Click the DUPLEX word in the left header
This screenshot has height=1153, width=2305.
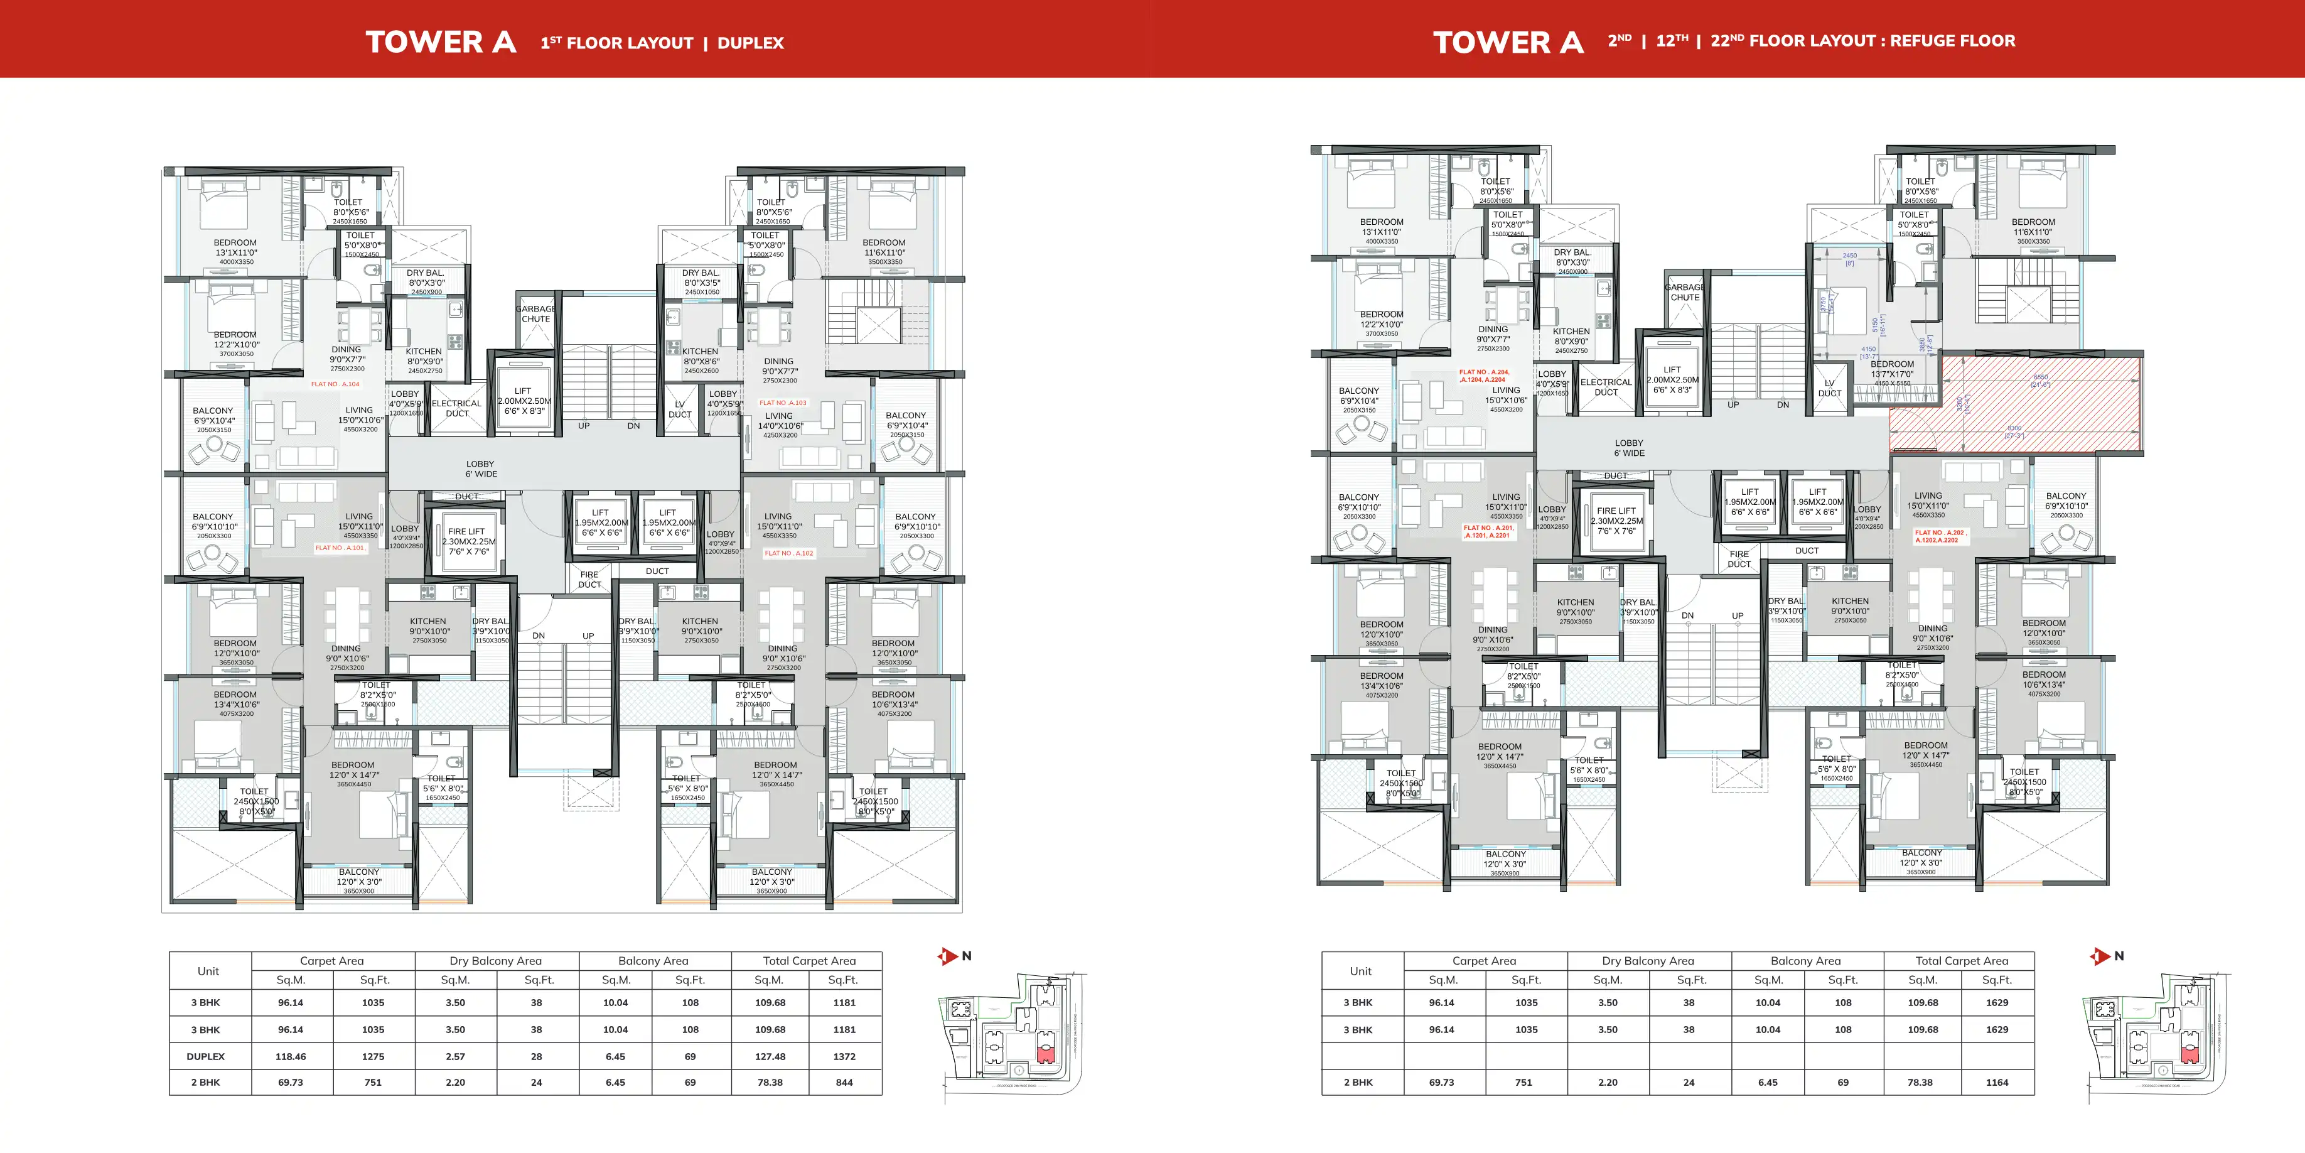tap(750, 43)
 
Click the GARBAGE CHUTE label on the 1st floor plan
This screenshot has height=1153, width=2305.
tap(536, 314)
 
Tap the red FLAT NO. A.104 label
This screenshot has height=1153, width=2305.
tap(336, 384)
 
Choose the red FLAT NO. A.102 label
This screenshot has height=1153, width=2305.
tap(788, 553)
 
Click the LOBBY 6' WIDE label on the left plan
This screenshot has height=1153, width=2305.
tap(480, 469)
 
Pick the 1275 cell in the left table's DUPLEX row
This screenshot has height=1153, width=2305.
tap(373, 1056)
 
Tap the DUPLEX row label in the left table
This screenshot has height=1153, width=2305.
tap(206, 1056)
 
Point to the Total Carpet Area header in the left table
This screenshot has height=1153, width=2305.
tap(809, 961)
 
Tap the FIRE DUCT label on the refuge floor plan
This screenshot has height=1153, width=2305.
tap(1739, 560)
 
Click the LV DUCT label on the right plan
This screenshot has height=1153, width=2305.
tap(1830, 389)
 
